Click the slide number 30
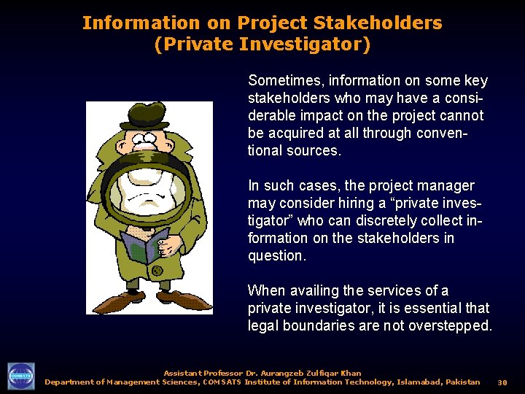(502, 382)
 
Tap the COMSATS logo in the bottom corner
(20, 376)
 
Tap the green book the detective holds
(146, 245)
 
